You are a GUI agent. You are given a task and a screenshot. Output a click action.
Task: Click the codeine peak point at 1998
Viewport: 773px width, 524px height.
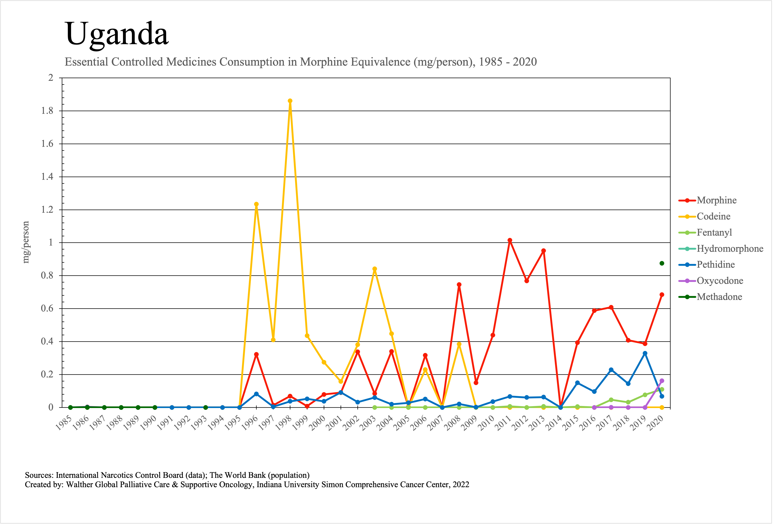coord(290,101)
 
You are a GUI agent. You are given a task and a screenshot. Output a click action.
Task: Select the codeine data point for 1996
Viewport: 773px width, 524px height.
coord(256,204)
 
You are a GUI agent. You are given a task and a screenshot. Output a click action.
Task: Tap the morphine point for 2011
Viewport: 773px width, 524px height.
coord(510,240)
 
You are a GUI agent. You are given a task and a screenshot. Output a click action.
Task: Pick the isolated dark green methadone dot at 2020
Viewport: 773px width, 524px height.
coord(662,263)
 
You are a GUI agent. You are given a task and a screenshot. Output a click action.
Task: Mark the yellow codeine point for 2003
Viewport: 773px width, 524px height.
coord(375,269)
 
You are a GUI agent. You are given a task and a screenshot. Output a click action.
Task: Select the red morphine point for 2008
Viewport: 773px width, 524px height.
coord(459,285)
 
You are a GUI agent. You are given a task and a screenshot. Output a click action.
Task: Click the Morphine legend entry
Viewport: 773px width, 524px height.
coord(716,200)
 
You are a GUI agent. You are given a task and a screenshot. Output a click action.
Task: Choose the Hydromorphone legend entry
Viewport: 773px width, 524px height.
coord(730,248)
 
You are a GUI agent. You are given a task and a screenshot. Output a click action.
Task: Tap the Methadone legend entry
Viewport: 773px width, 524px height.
coord(719,297)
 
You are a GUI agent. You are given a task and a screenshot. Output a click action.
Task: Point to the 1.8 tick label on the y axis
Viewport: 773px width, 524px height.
coord(47,111)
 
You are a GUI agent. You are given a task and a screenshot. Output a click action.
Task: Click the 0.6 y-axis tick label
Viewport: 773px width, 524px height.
coord(47,308)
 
